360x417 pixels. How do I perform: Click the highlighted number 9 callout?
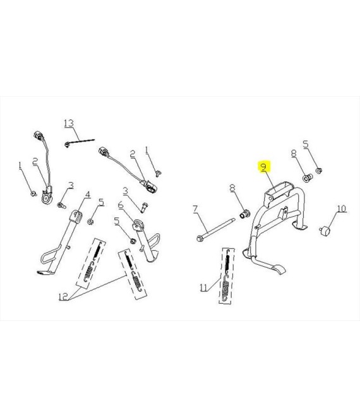click(x=264, y=167)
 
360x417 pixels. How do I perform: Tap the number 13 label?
click(x=69, y=123)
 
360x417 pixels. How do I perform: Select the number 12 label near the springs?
click(x=63, y=296)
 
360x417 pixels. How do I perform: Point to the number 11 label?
click(x=203, y=287)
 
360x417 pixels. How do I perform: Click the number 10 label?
click(x=342, y=208)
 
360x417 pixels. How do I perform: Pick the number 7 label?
click(x=195, y=208)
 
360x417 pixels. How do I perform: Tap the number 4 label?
click(x=88, y=195)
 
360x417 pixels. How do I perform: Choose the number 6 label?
click(x=121, y=205)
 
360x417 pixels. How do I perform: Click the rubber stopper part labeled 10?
click(x=325, y=231)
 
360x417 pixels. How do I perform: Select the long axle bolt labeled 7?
click(x=216, y=229)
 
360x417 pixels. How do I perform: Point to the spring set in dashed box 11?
click(x=226, y=275)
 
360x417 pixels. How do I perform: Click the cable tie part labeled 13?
click(x=80, y=142)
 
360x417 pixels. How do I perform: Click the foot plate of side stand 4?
click(x=45, y=272)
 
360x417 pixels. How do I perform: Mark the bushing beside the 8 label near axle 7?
click(x=245, y=214)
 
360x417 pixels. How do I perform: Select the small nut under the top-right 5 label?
click(x=319, y=170)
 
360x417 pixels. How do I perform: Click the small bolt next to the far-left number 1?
click(x=33, y=193)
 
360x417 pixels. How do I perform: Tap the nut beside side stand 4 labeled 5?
click(x=90, y=221)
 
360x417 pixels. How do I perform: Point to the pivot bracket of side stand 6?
click(x=138, y=226)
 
